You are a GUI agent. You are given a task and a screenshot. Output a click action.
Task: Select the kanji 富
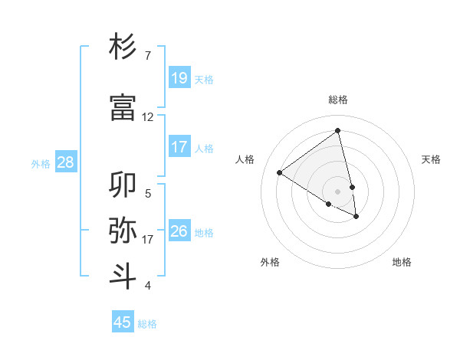pos(123,107)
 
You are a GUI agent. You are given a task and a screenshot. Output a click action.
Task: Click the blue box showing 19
pos(179,78)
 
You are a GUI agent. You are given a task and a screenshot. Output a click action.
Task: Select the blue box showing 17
pos(179,147)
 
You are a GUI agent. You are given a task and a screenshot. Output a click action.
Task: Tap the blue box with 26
pos(179,231)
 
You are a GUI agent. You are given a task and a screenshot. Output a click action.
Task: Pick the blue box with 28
pos(65,162)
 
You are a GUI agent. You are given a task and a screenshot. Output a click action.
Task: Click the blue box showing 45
pos(123,322)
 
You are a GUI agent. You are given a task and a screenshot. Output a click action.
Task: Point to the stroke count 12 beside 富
pos(148,117)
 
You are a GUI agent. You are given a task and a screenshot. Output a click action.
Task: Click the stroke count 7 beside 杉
pos(148,56)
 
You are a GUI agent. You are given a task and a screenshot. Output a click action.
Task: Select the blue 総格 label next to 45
pos(147,324)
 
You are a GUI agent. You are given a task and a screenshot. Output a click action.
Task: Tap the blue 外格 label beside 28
pos(41,163)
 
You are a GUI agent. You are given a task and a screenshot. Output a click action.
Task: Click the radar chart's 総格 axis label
pos(338,100)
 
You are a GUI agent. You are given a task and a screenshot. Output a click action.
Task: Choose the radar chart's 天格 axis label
pos(432,159)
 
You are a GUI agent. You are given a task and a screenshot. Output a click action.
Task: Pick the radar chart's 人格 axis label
pos(245,159)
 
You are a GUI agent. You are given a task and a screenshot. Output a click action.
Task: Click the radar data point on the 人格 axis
pos(280,172)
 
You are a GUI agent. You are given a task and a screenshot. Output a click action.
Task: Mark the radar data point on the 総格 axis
pos(338,132)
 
